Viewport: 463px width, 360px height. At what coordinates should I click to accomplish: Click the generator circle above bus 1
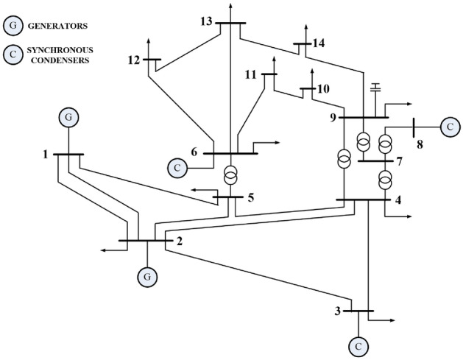click(68, 117)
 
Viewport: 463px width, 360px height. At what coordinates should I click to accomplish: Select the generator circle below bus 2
click(147, 276)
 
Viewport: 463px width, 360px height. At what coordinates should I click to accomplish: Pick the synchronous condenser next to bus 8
click(449, 127)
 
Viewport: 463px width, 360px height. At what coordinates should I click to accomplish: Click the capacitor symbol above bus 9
click(375, 88)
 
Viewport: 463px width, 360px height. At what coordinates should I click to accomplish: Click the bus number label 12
click(132, 60)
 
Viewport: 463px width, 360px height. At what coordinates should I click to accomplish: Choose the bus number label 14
click(317, 43)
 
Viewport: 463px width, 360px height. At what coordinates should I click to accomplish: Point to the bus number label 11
click(252, 74)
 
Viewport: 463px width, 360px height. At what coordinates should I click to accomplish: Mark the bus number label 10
click(322, 89)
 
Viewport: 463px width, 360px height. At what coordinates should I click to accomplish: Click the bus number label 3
click(338, 311)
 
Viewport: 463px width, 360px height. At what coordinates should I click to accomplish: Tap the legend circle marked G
click(13, 26)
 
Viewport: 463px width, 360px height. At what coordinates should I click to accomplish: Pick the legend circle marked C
click(13, 55)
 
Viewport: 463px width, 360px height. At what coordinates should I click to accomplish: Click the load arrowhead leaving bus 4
click(409, 217)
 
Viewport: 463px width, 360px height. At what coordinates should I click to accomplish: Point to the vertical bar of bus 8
click(414, 127)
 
